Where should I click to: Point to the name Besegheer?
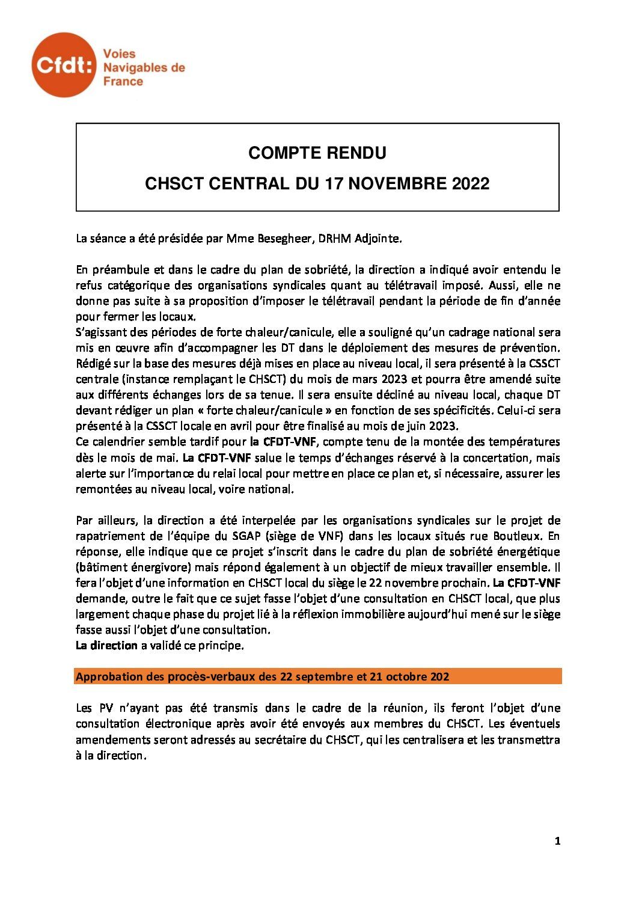(x=281, y=239)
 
